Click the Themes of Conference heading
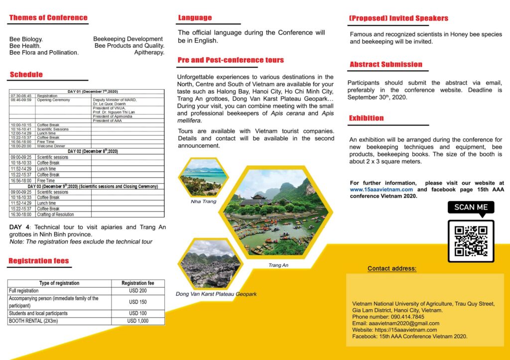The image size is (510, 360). pos(48,18)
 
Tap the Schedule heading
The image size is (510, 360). pos(26,75)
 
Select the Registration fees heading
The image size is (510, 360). pos(39,261)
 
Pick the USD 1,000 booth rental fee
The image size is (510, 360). pos(137,321)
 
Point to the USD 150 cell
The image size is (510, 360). pos(137,302)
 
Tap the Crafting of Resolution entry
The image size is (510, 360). pos(55,215)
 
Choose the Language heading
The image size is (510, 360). pos(195,18)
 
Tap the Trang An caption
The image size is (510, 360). pos(278,265)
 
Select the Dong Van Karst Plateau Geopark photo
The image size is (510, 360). pos(210,264)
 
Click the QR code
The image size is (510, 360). pos(471,240)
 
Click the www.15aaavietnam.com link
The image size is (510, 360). pos(382,190)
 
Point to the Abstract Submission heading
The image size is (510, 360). pos(386,64)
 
